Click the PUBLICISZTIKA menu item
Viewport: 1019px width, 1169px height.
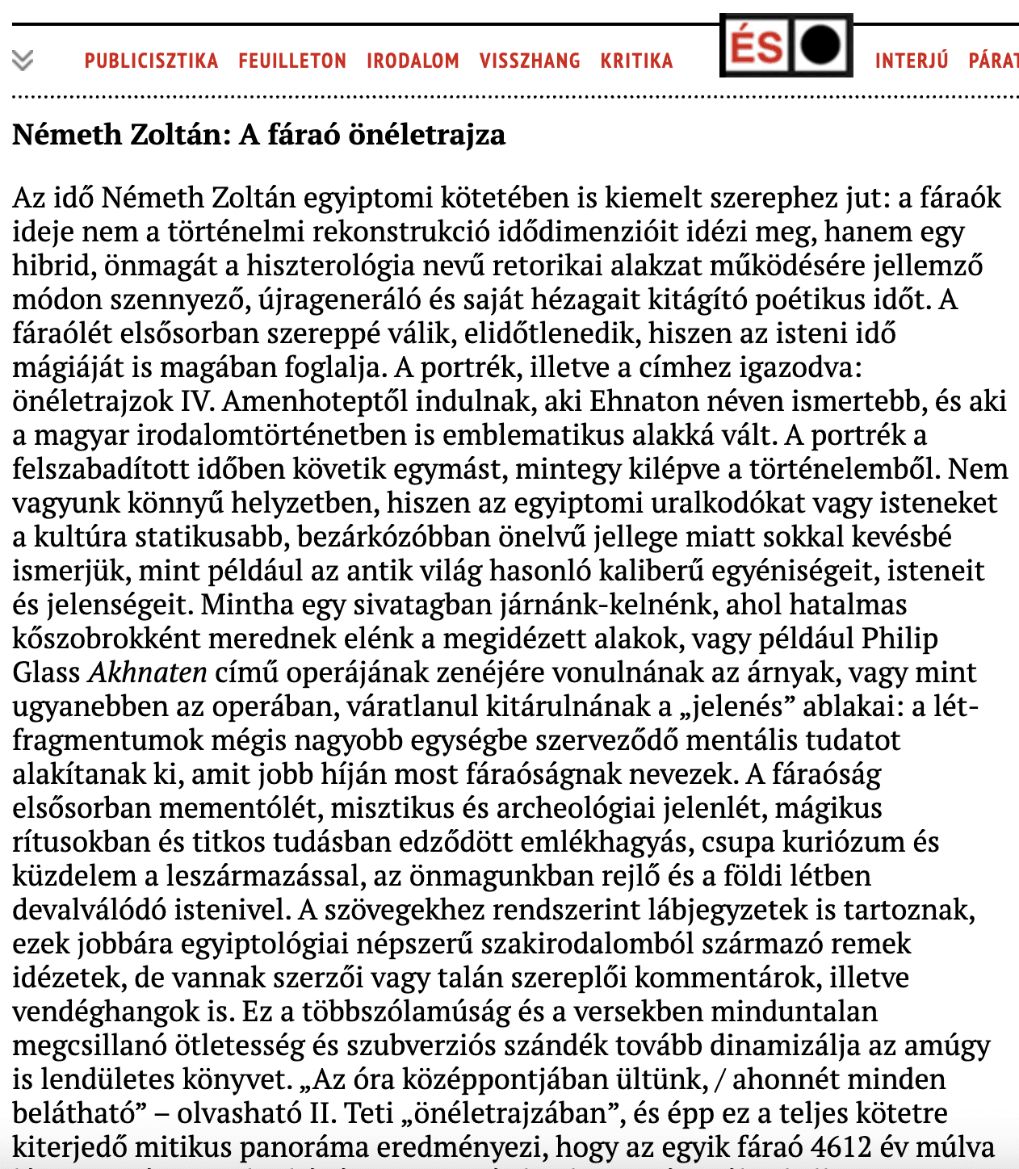click(x=151, y=61)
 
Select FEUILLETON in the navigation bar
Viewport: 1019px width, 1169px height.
click(x=292, y=61)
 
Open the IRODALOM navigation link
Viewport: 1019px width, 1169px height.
click(x=413, y=61)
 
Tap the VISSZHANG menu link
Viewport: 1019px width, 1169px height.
click(x=530, y=61)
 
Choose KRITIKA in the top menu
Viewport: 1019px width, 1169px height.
click(x=636, y=61)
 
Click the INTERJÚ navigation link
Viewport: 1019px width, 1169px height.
click(x=912, y=61)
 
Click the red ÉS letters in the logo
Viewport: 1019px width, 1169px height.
click(x=756, y=45)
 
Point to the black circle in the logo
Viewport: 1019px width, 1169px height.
click(x=821, y=45)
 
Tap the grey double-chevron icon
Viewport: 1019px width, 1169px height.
click(x=23, y=61)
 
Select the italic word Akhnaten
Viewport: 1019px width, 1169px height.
click(x=148, y=672)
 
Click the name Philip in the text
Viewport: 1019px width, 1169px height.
click(x=899, y=639)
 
